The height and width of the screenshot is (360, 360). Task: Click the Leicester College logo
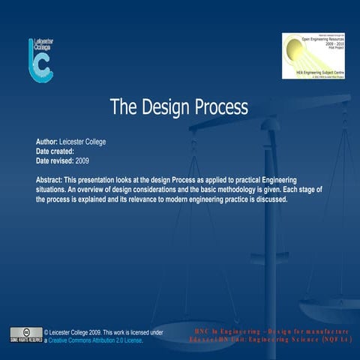[x=40, y=60]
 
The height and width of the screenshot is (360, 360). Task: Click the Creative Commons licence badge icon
[x=25, y=334]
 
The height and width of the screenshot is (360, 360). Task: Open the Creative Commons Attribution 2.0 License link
[x=96, y=340]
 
